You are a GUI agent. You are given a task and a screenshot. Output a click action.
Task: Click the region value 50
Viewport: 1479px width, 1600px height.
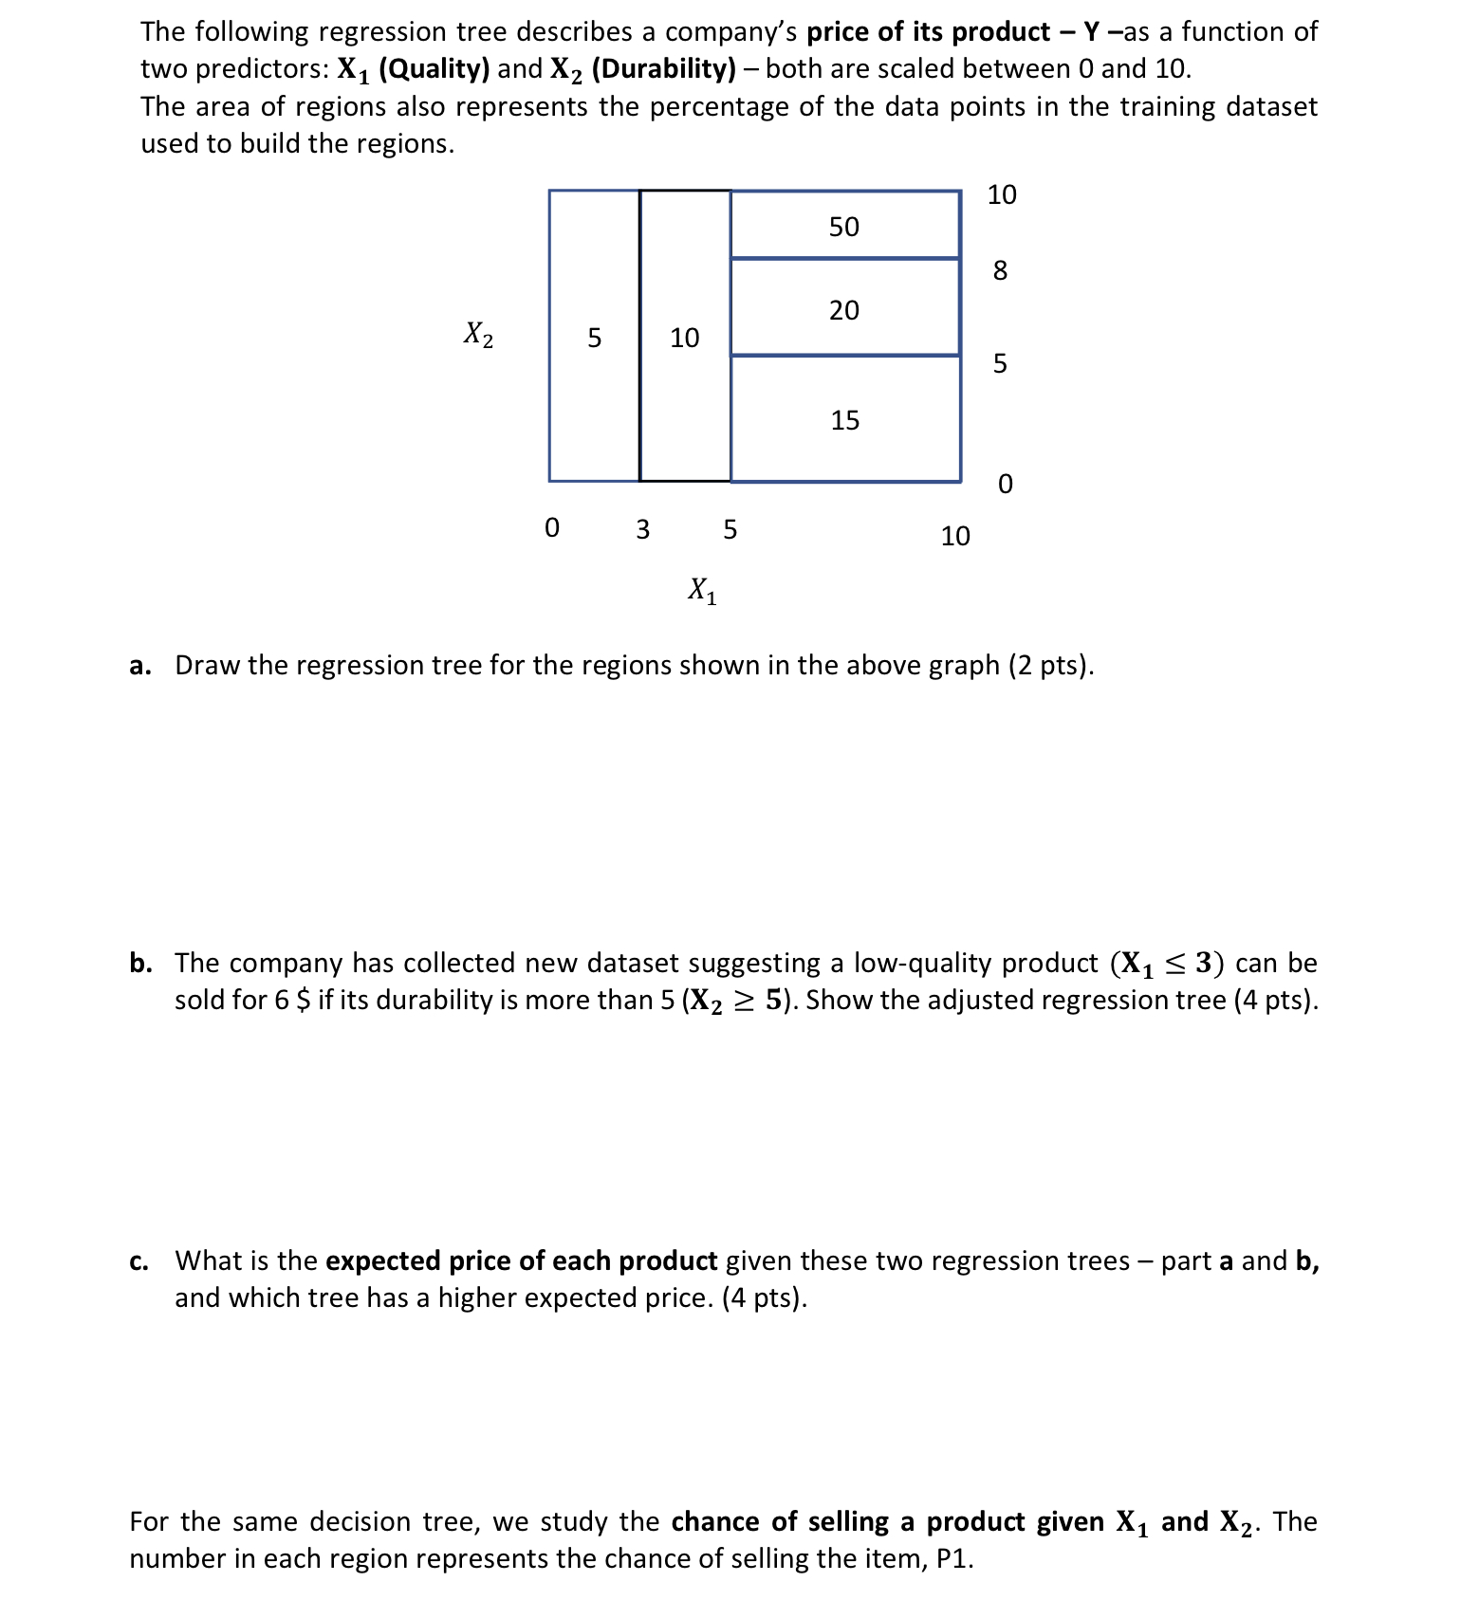(843, 227)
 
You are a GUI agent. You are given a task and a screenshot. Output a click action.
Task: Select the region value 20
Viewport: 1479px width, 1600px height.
(843, 310)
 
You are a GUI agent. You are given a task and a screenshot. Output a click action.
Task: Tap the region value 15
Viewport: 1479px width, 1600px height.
(844, 420)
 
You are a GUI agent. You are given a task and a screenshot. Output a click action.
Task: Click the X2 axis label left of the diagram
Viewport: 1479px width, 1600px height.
(478, 334)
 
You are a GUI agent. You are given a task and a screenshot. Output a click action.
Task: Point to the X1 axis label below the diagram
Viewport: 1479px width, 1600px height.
(702, 591)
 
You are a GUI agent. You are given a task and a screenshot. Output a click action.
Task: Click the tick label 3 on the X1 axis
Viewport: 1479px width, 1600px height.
(642, 529)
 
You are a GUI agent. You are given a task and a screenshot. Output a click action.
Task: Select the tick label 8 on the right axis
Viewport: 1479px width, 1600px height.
(1000, 271)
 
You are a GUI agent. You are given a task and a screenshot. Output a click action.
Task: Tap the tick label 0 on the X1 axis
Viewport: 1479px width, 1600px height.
(552, 527)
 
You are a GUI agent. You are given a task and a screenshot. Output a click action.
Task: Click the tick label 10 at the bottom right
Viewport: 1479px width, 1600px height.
(955, 537)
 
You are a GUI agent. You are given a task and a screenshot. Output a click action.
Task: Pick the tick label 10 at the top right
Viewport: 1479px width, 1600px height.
(1001, 195)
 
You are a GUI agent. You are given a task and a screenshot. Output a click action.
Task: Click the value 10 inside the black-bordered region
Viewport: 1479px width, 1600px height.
(684, 338)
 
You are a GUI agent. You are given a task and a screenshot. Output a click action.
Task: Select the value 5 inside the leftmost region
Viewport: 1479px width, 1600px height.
(594, 338)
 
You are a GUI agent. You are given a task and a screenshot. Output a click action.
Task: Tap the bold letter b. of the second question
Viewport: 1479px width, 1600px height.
(141, 964)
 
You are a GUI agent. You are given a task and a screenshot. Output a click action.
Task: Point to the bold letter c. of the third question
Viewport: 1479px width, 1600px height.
(139, 1261)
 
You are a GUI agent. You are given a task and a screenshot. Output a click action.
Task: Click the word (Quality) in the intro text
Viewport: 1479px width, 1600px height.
(434, 69)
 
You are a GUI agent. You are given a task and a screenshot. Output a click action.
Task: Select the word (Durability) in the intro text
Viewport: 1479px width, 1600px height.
(663, 69)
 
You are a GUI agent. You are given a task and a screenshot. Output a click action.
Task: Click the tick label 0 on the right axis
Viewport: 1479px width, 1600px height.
(1005, 485)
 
